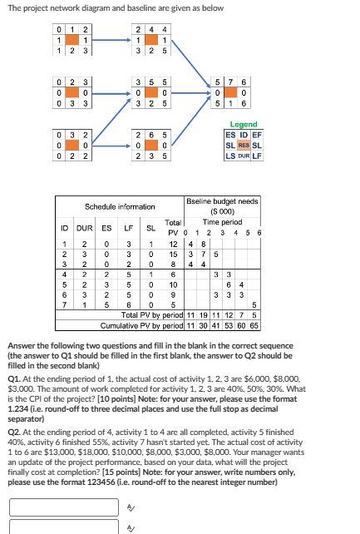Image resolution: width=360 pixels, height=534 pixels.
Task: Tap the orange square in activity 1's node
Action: tap(73, 41)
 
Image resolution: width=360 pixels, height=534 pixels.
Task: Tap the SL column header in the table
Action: tap(150, 227)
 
